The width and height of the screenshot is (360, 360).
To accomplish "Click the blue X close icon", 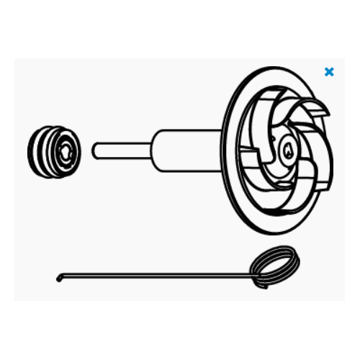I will [x=329, y=72].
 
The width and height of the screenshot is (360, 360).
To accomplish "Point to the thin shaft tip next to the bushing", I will [x=96, y=150].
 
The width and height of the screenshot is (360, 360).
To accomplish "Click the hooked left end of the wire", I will [x=59, y=278].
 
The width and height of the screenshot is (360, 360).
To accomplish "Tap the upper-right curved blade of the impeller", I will [x=306, y=115].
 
